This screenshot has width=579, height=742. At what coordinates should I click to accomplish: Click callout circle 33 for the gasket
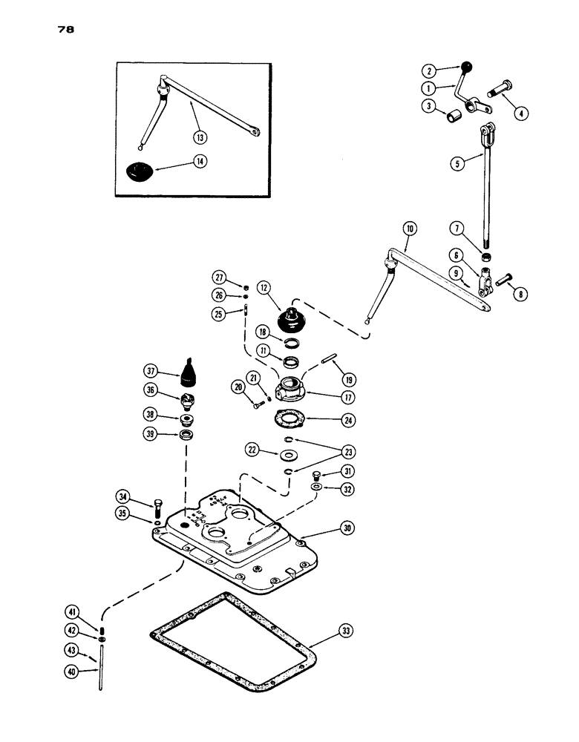pyautogui.click(x=346, y=631)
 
